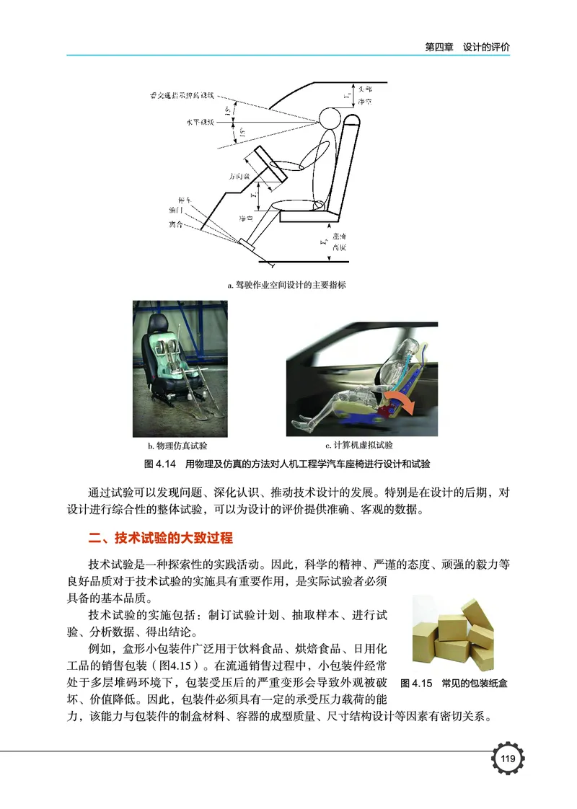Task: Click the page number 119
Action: pyautogui.click(x=506, y=759)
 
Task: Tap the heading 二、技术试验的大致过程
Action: pyautogui.click(x=159, y=539)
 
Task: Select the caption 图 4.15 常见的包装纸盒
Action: pyautogui.click(x=454, y=682)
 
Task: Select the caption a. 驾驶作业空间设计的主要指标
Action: pyautogui.click(x=286, y=286)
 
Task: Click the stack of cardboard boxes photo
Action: pyautogui.click(x=452, y=632)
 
